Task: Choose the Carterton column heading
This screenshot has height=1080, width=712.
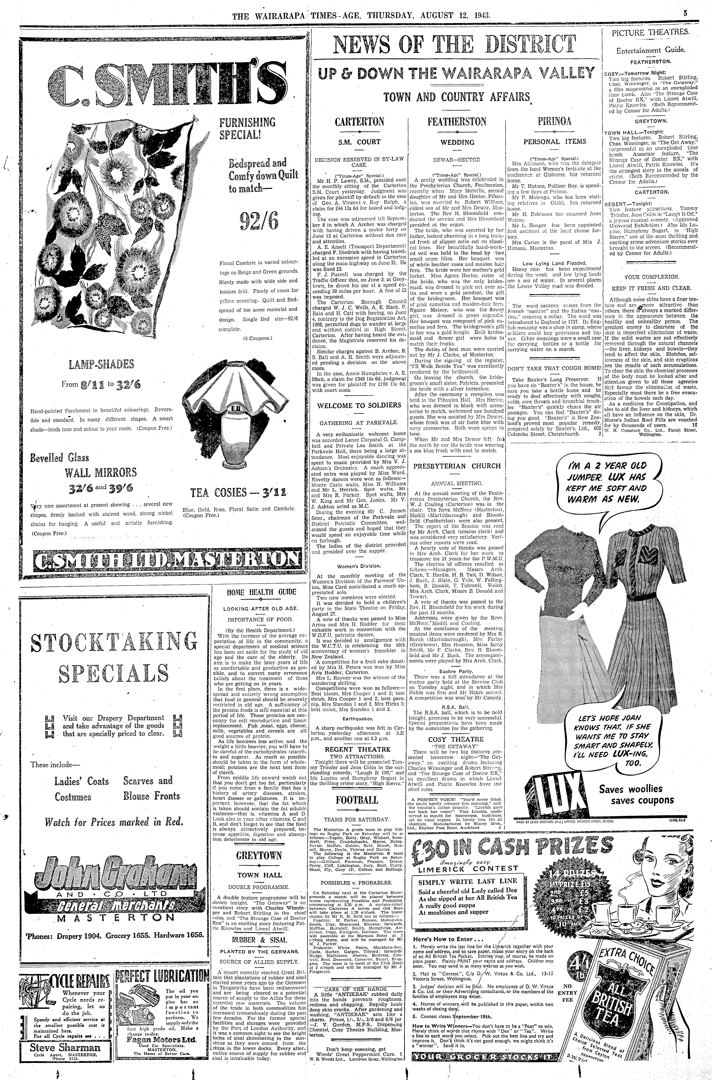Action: tap(359, 122)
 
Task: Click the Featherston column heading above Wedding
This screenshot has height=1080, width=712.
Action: tap(457, 122)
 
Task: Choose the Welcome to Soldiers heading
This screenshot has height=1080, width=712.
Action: tap(359, 405)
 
